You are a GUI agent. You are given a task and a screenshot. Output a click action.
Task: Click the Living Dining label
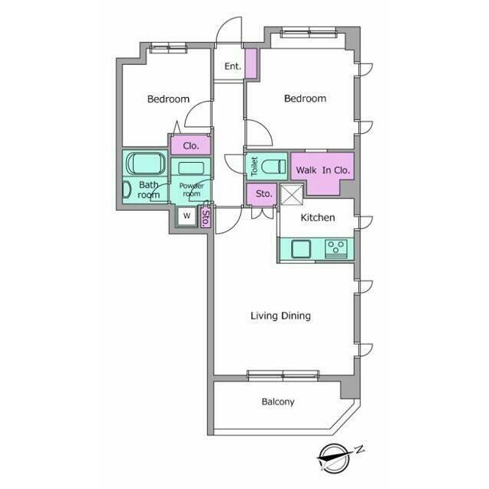pos(280,316)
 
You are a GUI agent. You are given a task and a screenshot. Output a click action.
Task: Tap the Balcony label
pos(278,402)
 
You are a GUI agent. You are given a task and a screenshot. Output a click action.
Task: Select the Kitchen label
pos(318,217)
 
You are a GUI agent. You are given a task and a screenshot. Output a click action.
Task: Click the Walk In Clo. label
pos(323,170)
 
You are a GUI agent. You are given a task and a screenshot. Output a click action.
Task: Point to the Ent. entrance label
pos(232,66)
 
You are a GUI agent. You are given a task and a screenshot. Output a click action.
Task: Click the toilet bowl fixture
pos(274,167)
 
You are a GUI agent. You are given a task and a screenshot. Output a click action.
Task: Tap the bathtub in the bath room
pos(146,163)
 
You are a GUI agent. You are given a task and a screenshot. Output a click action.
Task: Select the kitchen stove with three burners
pos(336,248)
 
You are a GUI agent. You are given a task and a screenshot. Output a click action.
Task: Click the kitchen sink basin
pos(301,249)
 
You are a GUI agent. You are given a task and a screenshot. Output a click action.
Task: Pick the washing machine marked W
pos(186,215)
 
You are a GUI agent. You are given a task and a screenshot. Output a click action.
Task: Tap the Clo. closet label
pos(190,146)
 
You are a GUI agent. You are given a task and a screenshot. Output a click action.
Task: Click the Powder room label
pos(192,189)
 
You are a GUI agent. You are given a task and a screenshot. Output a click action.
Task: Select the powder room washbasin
pos(191,168)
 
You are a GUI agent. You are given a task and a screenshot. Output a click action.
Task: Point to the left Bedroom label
pos(168,99)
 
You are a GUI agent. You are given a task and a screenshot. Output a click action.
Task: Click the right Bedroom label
pos(306,99)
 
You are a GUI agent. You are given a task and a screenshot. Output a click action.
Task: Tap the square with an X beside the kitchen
pos(292,195)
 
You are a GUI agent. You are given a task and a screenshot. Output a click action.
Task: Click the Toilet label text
pos(254,167)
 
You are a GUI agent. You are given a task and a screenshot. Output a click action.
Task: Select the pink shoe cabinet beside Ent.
pos(251,63)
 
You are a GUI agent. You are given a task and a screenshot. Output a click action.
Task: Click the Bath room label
pos(149,189)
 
